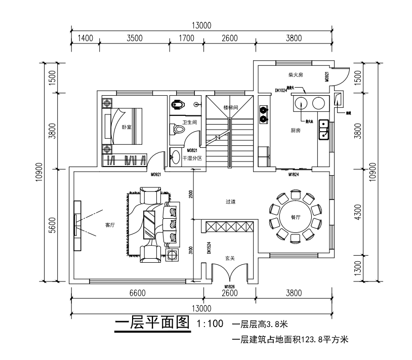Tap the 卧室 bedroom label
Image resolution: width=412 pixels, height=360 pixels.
coord(127,127)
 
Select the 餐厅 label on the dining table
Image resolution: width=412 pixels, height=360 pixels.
coord(296,216)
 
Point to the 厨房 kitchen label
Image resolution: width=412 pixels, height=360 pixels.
coord(296,130)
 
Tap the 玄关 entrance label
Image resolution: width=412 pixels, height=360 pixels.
coord(230,258)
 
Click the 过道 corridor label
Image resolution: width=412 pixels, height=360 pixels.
coord(231,202)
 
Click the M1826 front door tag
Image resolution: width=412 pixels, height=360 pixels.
coord(230,286)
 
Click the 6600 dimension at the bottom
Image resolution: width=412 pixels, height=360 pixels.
coord(137,293)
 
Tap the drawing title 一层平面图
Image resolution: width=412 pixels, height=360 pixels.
coord(152,323)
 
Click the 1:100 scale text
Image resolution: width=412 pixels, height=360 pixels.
coord(209,323)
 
